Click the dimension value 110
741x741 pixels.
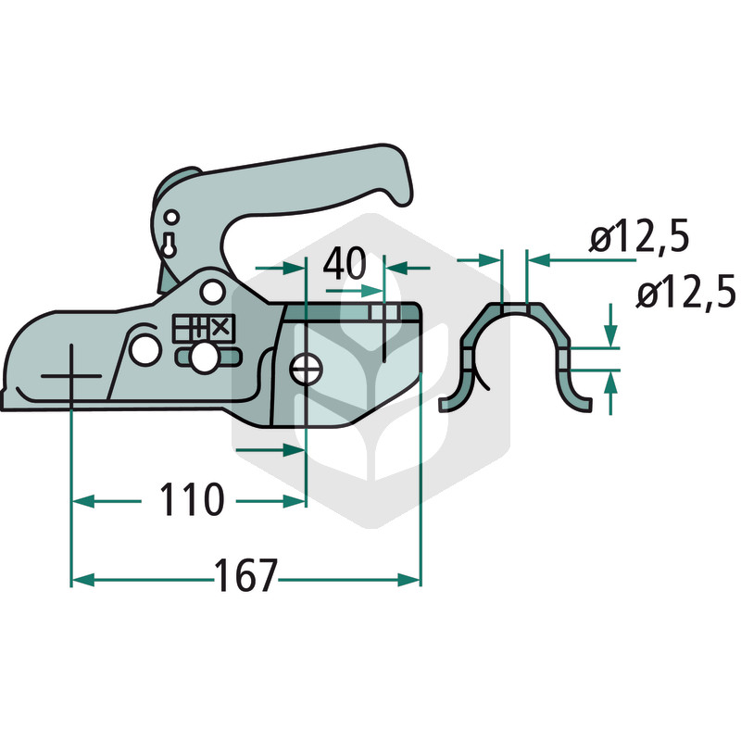[191, 499]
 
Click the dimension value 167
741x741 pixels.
[245, 575]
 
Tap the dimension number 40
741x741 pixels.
[344, 263]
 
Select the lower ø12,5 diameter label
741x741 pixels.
[685, 292]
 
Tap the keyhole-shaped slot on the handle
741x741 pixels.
[169, 245]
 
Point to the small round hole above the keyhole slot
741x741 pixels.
[172, 218]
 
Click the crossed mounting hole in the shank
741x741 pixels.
[307, 370]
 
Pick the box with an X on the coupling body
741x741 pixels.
[221, 328]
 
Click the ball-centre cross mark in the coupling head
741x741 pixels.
[71, 376]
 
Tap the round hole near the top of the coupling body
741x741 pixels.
[212, 292]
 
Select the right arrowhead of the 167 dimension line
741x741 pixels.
[408, 580]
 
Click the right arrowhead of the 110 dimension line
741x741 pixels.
[295, 502]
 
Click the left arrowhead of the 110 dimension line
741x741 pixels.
[82, 502]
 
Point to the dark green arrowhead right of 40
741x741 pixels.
[398, 269]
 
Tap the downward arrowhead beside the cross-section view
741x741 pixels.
[610, 336]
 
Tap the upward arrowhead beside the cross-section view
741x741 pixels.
[610, 383]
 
